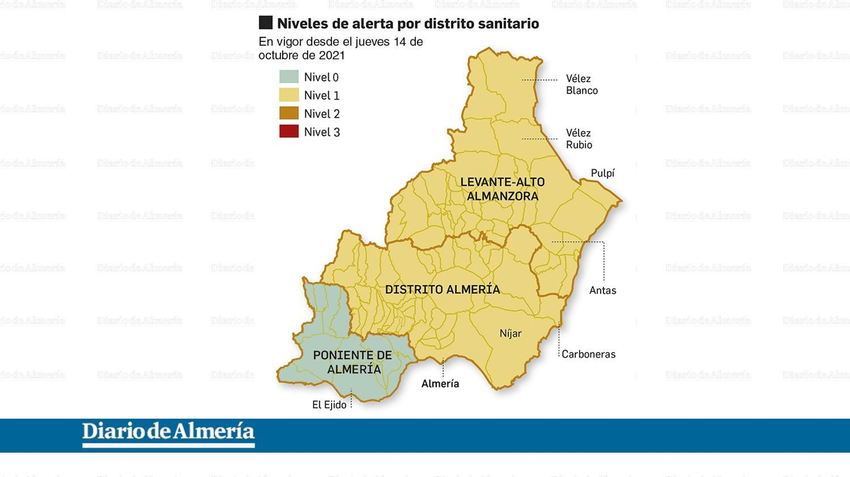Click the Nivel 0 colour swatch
click(x=289, y=77)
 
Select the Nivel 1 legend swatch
click(x=289, y=95)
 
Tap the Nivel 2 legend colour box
click(x=289, y=113)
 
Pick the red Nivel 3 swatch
click(x=289, y=132)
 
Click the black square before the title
click(x=266, y=23)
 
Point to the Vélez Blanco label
click(x=581, y=84)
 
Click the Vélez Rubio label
click(x=579, y=138)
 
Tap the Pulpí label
click(x=602, y=173)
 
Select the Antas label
click(x=602, y=290)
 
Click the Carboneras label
click(x=589, y=354)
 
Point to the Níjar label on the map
click(x=511, y=333)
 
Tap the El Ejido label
click(x=329, y=405)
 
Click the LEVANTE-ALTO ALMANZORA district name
click(x=503, y=189)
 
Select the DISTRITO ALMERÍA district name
click(x=443, y=290)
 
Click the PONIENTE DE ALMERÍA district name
click(x=353, y=362)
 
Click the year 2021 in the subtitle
click(x=332, y=55)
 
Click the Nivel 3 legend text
click(x=322, y=132)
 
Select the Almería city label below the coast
click(x=440, y=383)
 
